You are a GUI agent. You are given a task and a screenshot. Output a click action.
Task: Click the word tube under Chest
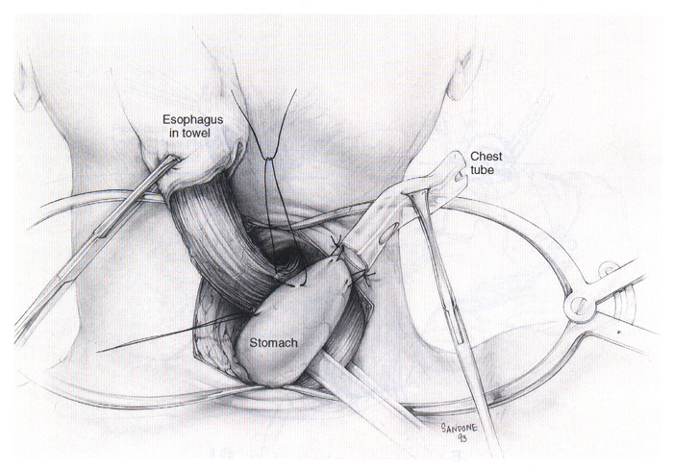482,172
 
